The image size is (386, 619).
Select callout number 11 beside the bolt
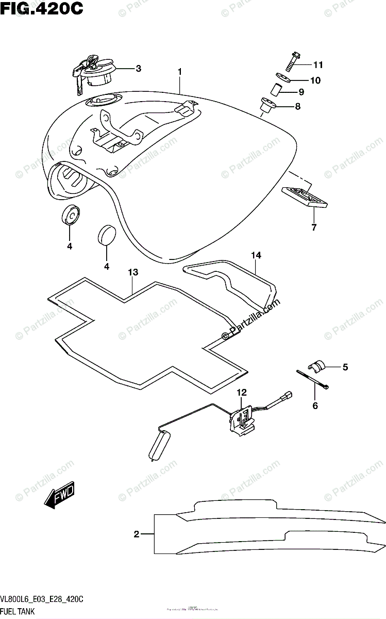(x=317, y=65)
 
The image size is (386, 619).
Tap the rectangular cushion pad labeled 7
(x=305, y=198)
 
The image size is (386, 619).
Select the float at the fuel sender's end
(x=159, y=446)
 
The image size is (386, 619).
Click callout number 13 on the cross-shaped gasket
(x=132, y=272)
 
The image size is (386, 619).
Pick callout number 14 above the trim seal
(x=257, y=255)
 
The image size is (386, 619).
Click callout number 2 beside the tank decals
(x=137, y=534)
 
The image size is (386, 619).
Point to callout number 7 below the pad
(x=314, y=226)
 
